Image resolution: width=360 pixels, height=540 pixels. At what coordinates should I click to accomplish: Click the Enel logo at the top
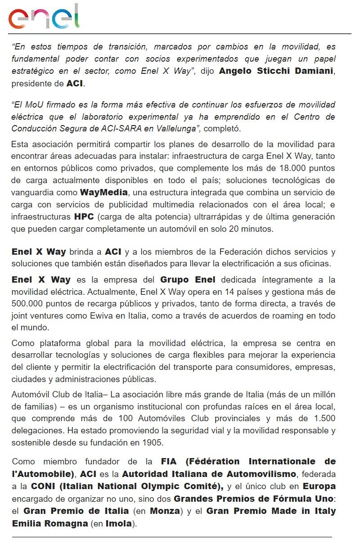pyautogui.click(x=44, y=17)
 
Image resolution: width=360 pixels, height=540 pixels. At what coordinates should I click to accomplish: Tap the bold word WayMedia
pyautogui.click(x=104, y=193)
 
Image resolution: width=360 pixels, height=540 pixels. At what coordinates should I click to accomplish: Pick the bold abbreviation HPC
pyautogui.click(x=84, y=216)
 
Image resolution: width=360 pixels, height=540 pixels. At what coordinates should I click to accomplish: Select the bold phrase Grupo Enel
pyautogui.click(x=188, y=279)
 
